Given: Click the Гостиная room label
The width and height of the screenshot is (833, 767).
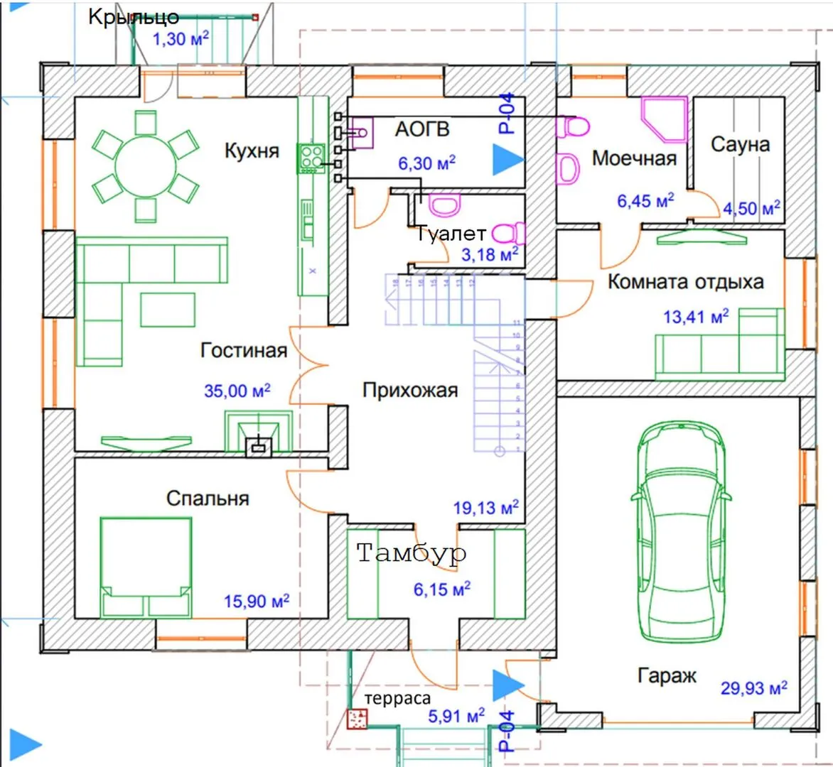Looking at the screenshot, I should tap(244, 350).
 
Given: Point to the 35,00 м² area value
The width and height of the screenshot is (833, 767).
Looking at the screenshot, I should tap(237, 391).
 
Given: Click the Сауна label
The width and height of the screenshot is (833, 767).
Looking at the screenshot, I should tap(740, 144).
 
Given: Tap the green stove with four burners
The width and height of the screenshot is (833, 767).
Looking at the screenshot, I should tap(311, 158).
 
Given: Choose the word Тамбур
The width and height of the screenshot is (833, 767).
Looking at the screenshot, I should tap(412, 553).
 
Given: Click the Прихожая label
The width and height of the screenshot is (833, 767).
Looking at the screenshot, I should tap(409, 390).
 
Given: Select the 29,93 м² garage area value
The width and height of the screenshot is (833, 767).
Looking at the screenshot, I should tap(753, 687).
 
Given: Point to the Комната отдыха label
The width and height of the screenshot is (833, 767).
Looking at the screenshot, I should tap(685, 282).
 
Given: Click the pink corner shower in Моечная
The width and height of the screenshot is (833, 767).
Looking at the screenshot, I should tap(665, 117).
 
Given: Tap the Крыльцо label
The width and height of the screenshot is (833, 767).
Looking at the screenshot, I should tap(134, 17).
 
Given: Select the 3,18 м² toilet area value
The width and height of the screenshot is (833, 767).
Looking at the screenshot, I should tap(490, 254).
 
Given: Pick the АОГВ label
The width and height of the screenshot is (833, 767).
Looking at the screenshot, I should tap(422, 129).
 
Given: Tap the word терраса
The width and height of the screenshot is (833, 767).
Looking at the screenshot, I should tap(397, 699).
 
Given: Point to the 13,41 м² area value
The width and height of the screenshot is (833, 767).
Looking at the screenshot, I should tap(696, 316).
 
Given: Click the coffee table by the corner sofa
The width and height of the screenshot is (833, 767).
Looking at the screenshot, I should tap(168, 310).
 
